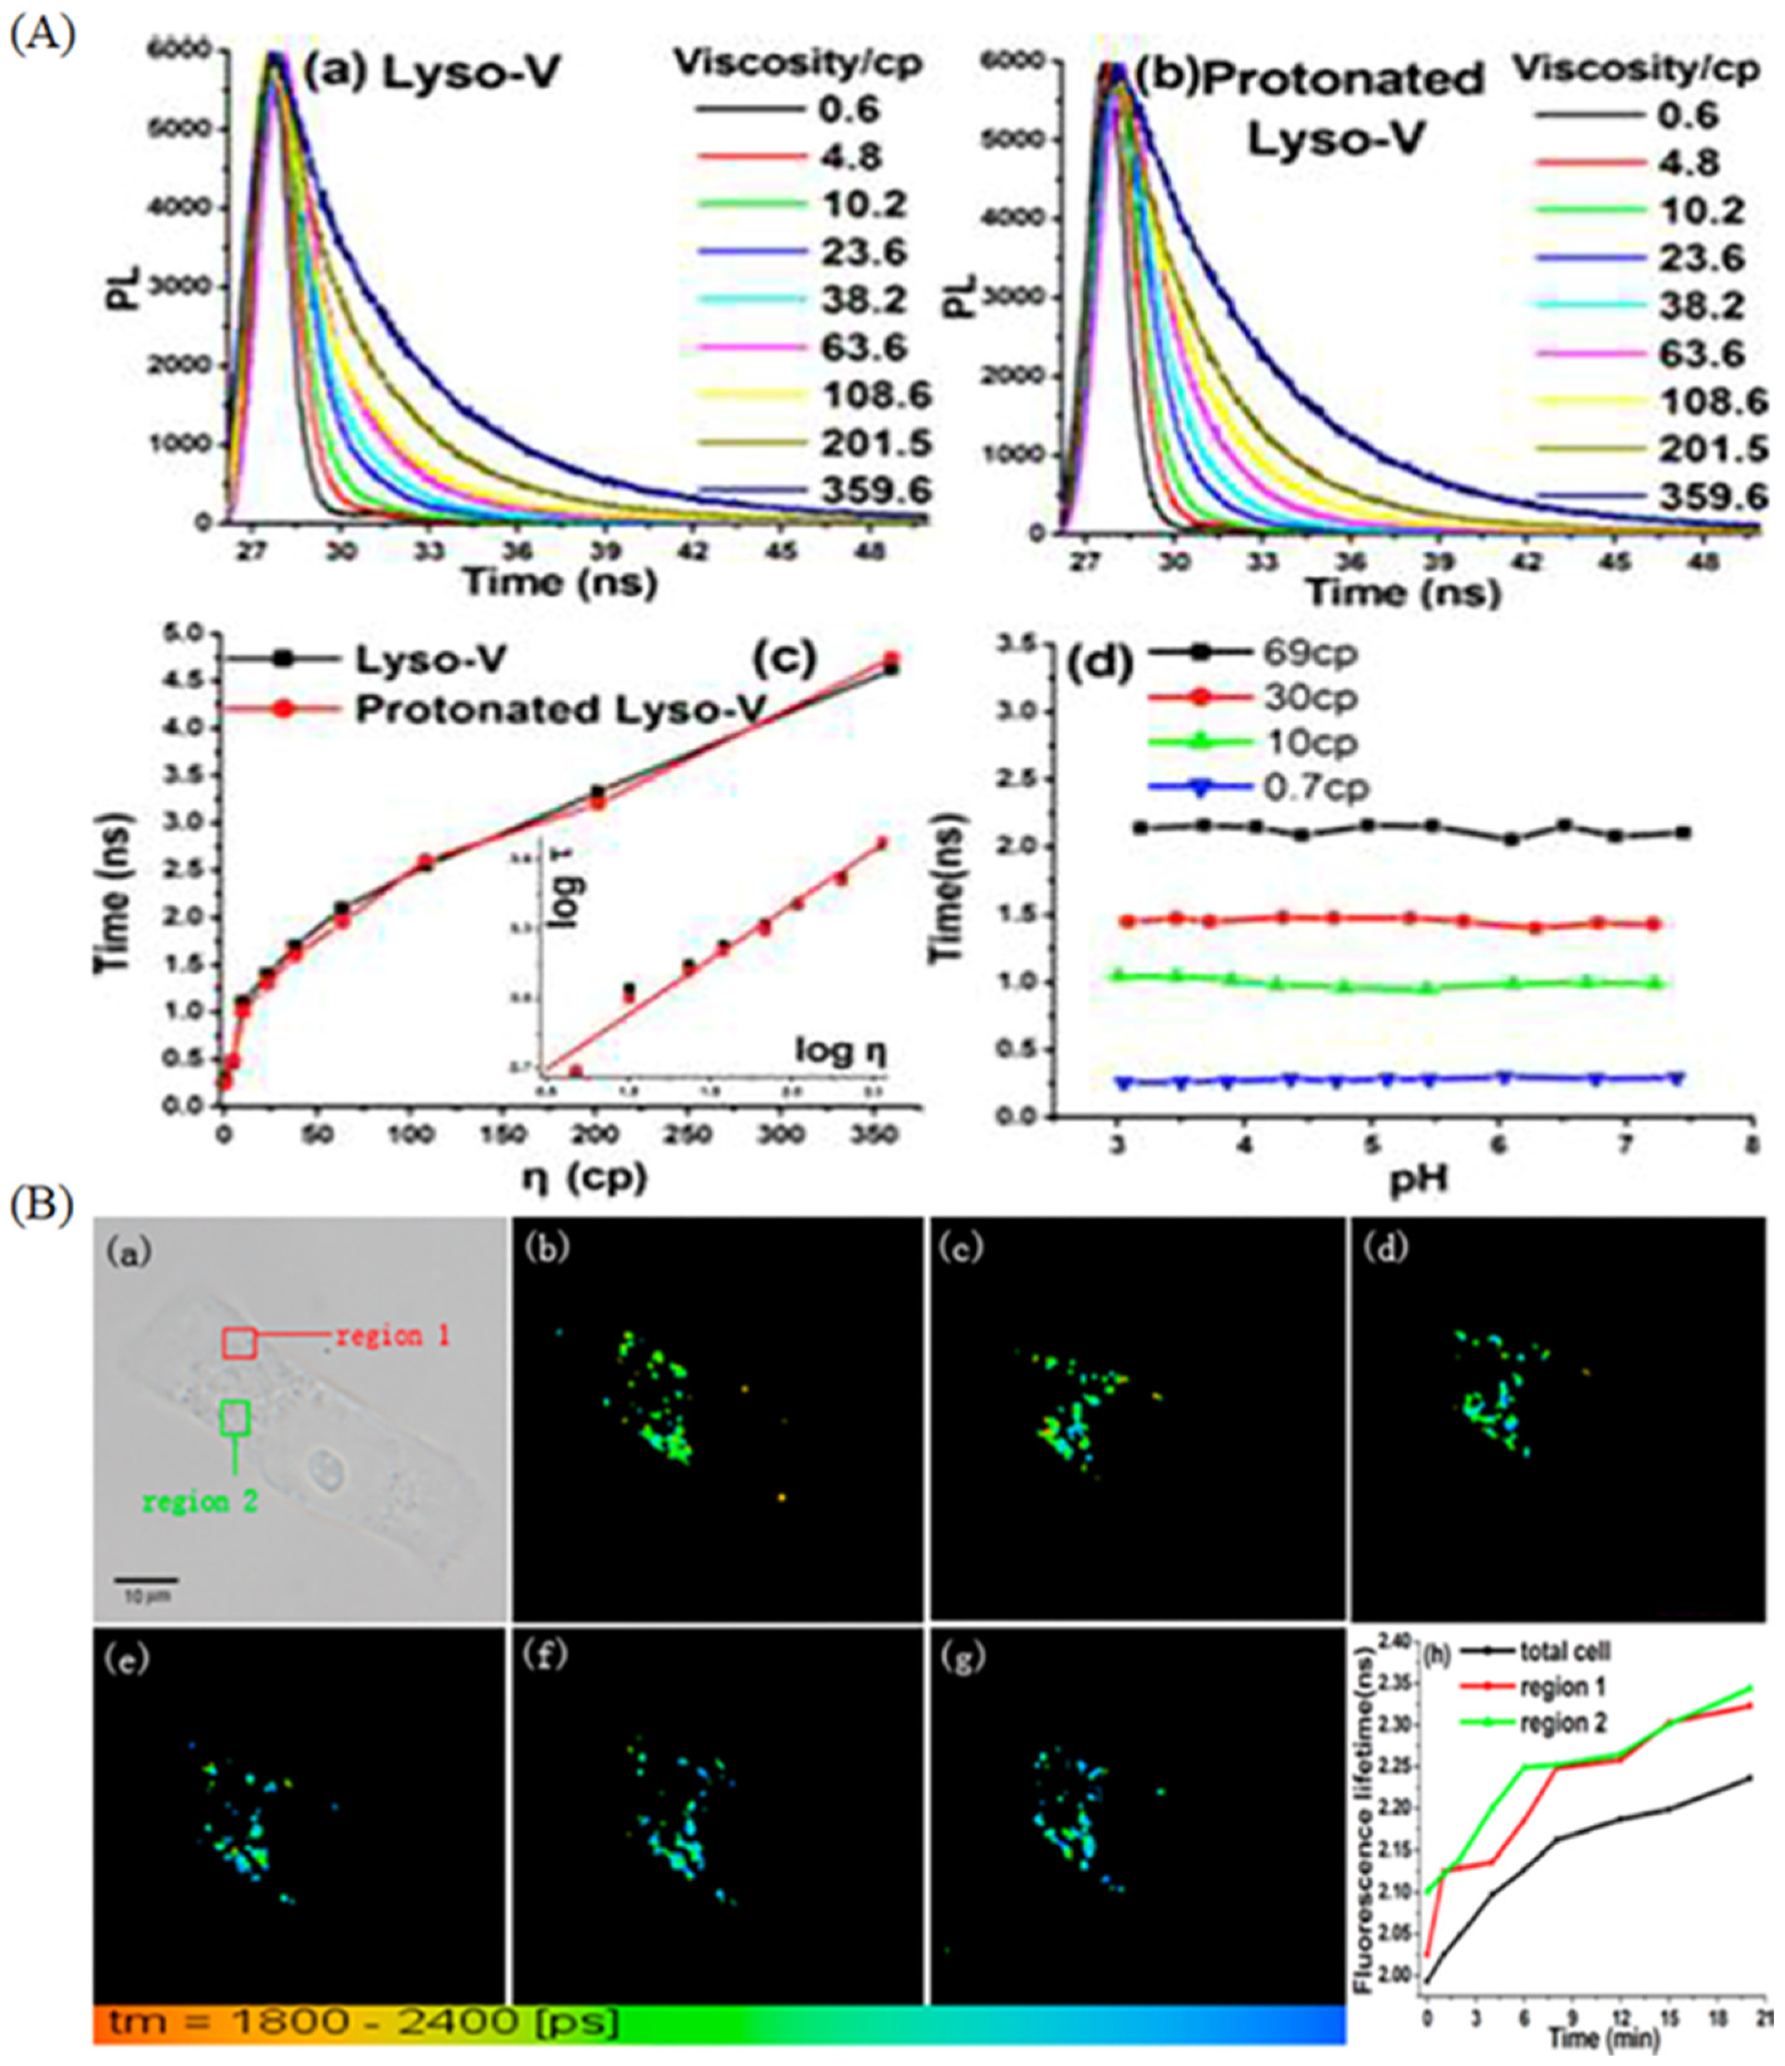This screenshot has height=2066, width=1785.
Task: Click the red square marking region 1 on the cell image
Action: point(239,1343)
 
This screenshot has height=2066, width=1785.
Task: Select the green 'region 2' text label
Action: point(200,1501)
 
